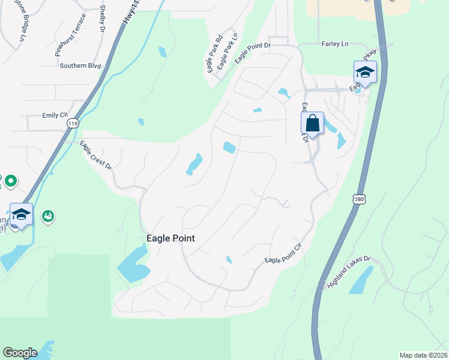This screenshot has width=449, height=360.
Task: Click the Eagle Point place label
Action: pos(170,238)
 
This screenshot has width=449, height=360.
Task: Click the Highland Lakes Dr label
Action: pos(350,273)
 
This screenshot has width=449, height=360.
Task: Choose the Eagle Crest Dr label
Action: pos(97,156)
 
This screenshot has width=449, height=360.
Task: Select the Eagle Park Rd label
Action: pos(214,56)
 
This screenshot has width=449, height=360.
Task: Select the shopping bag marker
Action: pos(312,124)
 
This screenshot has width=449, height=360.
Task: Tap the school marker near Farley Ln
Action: pos(365,73)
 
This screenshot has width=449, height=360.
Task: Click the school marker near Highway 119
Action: pos(21,215)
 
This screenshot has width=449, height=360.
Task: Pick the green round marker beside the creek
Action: pos(49,215)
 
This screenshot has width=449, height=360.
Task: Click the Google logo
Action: pos(20,353)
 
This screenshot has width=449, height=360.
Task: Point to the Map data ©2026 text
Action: pos(423,355)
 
